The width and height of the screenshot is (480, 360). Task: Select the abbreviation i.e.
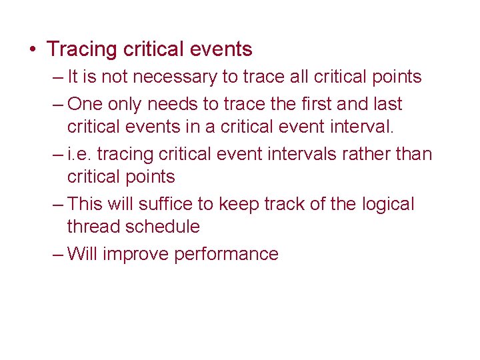pyautogui.click(x=81, y=154)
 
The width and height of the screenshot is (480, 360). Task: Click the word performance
pyautogui.click(x=226, y=254)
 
